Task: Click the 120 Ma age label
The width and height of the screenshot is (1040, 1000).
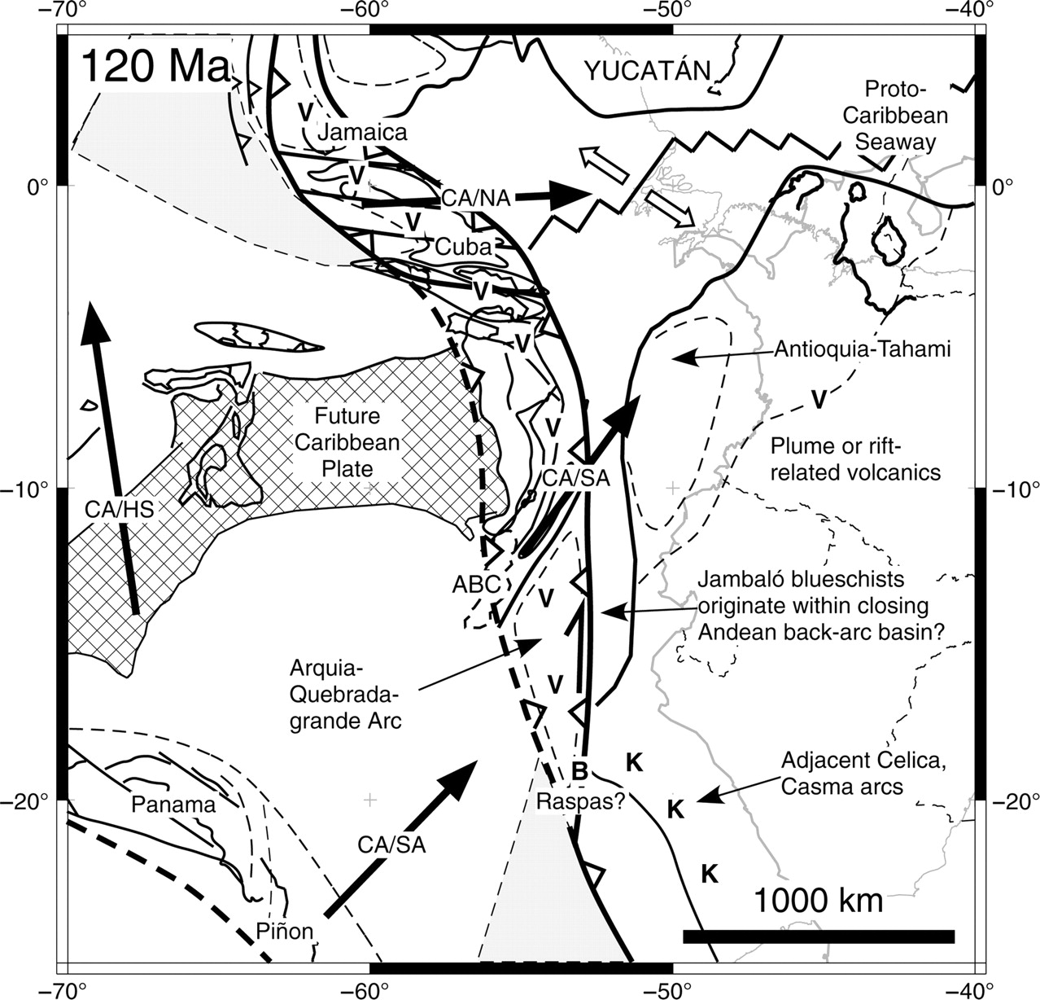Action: pos(155,68)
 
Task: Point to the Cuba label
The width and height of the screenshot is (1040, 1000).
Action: pos(462,246)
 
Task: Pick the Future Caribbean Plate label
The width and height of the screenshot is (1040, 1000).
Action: pos(348,443)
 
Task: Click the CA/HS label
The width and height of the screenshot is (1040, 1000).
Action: pos(119,509)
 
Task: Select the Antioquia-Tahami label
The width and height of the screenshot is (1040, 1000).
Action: pos(863,349)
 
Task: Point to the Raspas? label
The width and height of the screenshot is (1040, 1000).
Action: pos(580,800)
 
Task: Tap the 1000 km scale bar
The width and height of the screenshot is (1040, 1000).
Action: pos(818,936)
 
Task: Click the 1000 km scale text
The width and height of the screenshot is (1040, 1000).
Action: pos(818,901)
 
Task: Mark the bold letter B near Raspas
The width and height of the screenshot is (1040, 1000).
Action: pos(579,768)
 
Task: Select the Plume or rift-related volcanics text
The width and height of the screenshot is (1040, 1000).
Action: pos(854,458)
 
